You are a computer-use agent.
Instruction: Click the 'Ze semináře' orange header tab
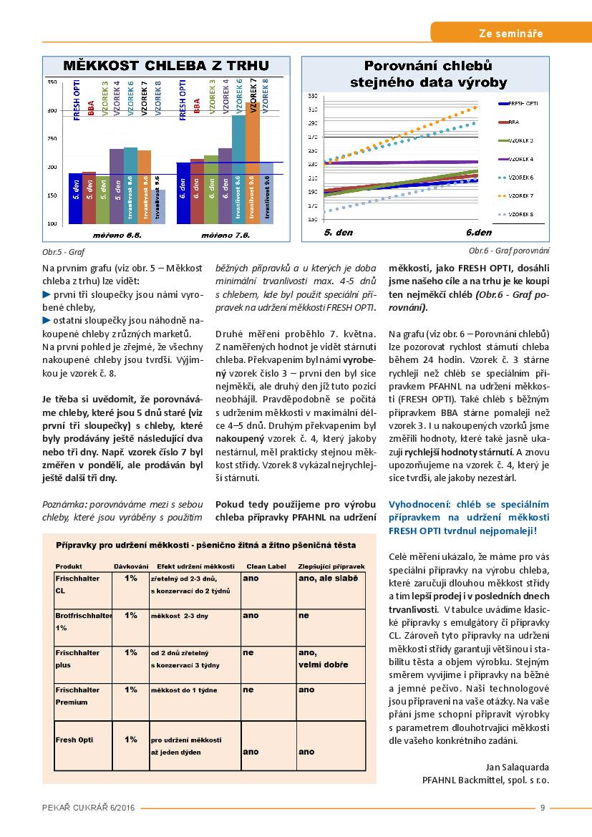click(x=510, y=33)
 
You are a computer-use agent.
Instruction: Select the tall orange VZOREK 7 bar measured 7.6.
click(x=253, y=163)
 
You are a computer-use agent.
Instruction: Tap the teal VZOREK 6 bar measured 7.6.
click(x=238, y=169)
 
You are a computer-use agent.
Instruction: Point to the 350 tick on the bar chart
click(x=52, y=82)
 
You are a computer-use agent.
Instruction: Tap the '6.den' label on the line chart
click(x=478, y=233)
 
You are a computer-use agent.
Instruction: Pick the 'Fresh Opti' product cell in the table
click(x=74, y=740)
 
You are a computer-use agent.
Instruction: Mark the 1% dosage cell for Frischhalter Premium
click(x=131, y=690)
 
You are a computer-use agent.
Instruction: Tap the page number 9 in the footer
click(x=543, y=808)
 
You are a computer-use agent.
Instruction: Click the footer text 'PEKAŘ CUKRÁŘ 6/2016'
click(x=88, y=808)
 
